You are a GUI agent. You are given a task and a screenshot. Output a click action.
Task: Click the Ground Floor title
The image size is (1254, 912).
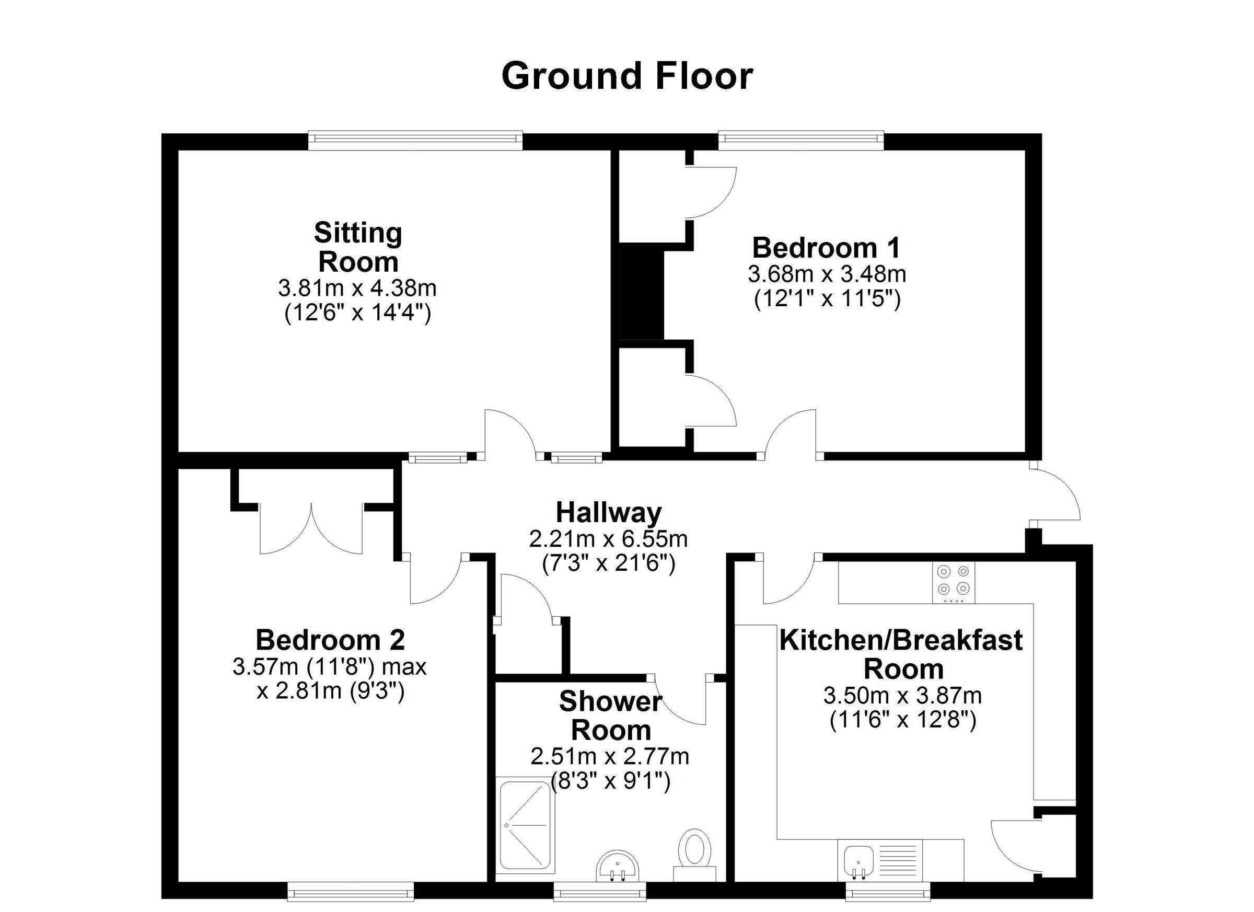click(627, 76)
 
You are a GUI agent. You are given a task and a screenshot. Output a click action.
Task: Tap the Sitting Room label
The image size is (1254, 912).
click(358, 247)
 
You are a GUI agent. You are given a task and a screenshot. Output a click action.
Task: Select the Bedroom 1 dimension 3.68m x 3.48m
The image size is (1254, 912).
click(827, 274)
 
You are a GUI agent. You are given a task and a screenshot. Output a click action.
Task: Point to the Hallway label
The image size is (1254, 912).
click(609, 512)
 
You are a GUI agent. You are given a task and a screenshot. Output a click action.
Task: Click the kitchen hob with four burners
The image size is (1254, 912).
click(954, 583)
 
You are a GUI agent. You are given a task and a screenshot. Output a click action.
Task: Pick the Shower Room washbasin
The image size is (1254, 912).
click(618, 866)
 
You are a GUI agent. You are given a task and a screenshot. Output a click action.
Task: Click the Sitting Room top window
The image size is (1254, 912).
click(415, 141)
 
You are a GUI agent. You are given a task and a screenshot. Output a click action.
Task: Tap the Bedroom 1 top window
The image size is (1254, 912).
click(801, 141)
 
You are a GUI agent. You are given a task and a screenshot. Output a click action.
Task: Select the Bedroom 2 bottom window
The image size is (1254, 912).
click(351, 891)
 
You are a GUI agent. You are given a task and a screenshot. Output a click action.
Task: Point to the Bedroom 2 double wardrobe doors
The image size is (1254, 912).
click(311, 529)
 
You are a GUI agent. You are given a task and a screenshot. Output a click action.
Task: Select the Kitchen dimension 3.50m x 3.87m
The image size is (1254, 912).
click(903, 695)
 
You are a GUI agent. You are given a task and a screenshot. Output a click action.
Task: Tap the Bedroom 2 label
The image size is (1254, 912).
click(330, 640)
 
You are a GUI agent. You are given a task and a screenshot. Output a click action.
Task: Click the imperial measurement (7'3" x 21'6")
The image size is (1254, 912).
click(608, 563)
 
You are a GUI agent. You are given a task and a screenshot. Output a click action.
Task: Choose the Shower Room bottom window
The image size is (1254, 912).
click(600, 891)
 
